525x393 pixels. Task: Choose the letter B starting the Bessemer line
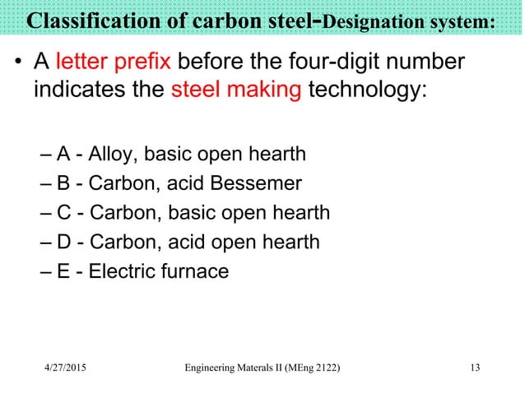63,183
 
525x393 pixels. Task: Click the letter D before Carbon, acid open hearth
63,242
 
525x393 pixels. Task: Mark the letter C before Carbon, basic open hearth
63,212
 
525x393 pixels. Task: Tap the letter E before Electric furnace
63,270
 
